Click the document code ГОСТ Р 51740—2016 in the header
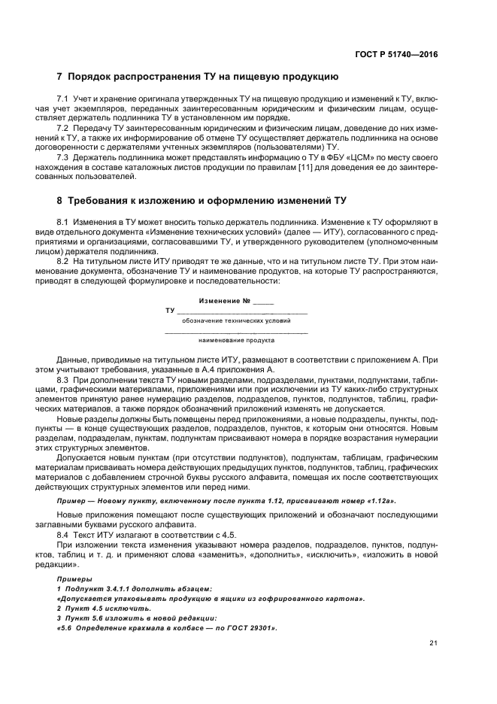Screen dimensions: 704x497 click(x=397, y=54)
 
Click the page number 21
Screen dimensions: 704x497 click(x=433, y=643)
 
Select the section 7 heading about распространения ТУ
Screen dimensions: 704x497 click(x=198, y=77)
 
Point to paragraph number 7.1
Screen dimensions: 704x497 click(x=63, y=99)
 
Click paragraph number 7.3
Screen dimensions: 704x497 click(x=63, y=157)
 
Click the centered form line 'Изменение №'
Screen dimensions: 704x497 click(x=235, y=301)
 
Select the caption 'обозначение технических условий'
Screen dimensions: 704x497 click(x=235, y=320)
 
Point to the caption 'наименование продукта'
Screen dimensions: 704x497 click(x=235, y=340)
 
